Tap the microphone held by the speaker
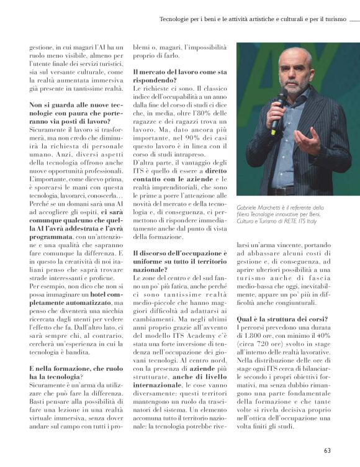278,111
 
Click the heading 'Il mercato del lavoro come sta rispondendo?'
180,76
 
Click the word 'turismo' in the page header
332,19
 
